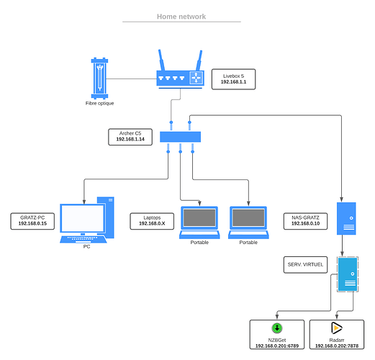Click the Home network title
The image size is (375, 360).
181,17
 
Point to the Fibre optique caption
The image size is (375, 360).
99,103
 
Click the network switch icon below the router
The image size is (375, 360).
180,138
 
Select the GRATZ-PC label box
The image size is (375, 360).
33,220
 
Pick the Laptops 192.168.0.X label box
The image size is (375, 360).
152,220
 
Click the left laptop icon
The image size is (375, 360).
199,221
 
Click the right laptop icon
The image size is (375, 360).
249,221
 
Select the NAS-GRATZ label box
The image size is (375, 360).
305,220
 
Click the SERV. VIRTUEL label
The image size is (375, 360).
306,265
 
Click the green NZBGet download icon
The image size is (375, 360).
276,328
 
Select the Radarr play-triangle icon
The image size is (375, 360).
337,328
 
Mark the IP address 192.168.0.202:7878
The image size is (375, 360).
337,346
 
